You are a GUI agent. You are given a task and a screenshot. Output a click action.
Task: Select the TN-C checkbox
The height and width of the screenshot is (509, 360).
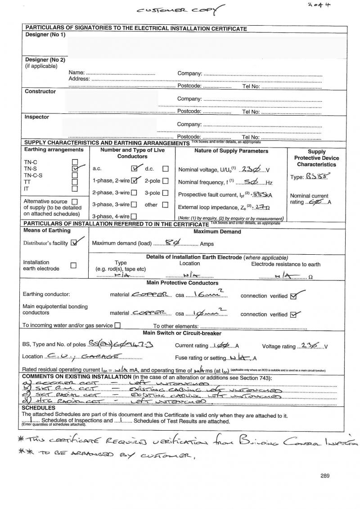75,162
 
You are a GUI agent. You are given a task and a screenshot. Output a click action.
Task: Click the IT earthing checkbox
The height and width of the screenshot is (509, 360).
75,189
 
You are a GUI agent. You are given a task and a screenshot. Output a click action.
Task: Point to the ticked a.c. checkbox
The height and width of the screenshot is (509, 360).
134,169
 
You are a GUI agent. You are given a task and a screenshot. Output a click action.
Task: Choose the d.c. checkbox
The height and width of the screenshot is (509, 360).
165,169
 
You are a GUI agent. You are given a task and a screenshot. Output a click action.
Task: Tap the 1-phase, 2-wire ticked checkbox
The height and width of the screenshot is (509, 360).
134,181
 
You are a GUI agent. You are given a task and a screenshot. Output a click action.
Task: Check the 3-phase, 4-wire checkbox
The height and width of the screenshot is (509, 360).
134,216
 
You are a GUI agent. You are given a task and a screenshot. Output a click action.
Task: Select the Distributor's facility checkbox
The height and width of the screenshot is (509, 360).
75,243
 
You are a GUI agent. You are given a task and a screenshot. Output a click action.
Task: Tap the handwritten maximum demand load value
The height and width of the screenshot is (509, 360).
172,243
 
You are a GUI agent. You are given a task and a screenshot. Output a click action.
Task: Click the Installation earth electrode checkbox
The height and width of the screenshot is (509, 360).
74,266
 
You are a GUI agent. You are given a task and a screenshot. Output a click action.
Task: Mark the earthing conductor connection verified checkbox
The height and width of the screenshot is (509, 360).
294,296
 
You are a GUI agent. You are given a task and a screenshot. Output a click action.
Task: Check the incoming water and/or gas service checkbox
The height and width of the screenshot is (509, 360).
117,325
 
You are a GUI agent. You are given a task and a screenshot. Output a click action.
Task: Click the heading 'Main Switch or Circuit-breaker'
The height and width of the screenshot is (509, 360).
182,333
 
